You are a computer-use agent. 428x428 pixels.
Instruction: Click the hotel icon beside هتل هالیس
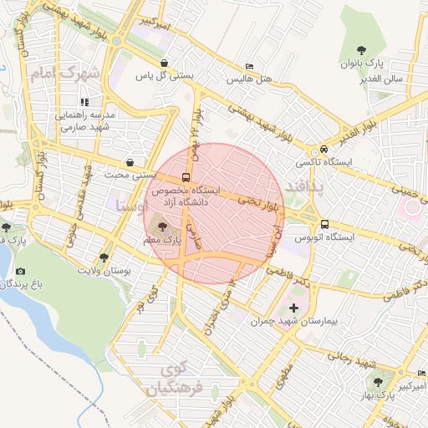click(248, 67)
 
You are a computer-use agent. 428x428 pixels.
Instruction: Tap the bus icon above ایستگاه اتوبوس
click(324, 224)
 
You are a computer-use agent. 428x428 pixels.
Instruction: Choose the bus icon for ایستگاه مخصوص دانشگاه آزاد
click(185, 176)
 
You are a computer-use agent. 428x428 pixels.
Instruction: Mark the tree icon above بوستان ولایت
click(104, 257)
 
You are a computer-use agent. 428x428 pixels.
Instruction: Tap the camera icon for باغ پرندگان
click(20, 272)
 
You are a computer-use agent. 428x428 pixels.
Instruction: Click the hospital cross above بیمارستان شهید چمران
click(293, 308)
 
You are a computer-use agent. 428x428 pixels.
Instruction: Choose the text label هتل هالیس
click(246, 81)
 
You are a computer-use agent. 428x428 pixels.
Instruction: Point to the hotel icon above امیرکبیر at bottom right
click(422, 374)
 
